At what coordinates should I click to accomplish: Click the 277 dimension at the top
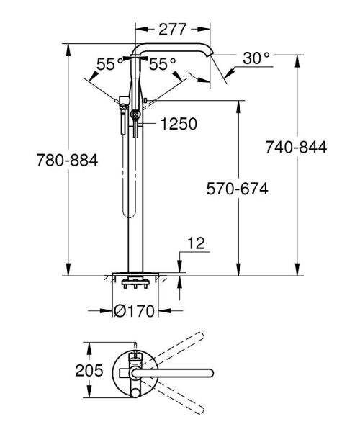click(173, 30)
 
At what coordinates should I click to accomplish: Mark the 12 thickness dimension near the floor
click(197, 246)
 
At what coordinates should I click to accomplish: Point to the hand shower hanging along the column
click(128, 173)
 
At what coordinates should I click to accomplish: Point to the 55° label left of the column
click(111, 64)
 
